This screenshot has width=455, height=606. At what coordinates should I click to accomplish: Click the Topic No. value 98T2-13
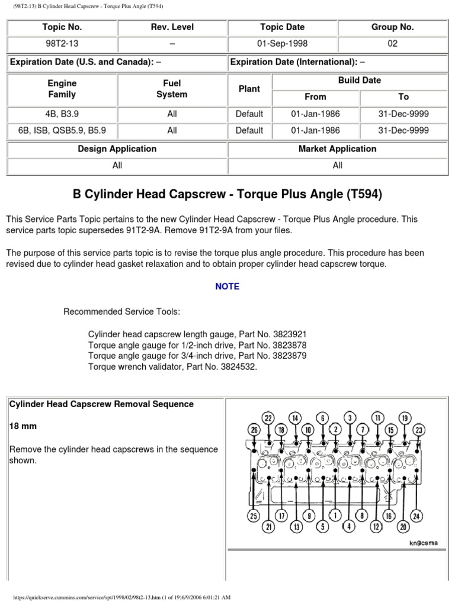(62, 44)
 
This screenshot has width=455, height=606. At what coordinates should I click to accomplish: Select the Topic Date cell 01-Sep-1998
(282, 44)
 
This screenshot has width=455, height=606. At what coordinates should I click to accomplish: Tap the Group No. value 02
(392, 44)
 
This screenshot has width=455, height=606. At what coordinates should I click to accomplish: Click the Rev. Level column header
(172, 27)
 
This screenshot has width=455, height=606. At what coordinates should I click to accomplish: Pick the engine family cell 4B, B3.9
(62, 114)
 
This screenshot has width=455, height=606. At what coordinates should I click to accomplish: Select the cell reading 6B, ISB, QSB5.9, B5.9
(62, 130)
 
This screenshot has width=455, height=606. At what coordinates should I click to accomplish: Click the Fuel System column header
(172, 89)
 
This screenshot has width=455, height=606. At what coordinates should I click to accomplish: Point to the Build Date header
(360, 80)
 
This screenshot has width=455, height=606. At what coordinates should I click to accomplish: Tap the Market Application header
(337, 149)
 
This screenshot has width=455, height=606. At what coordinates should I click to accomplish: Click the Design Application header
(117, 149)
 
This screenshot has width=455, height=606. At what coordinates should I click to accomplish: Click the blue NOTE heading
(227, 286)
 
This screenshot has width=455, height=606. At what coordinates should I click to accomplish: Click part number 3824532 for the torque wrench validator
(236, 367)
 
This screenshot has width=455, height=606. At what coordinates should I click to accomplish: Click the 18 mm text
(21, 426)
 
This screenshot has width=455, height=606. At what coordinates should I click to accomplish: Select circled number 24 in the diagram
(417, 517)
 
